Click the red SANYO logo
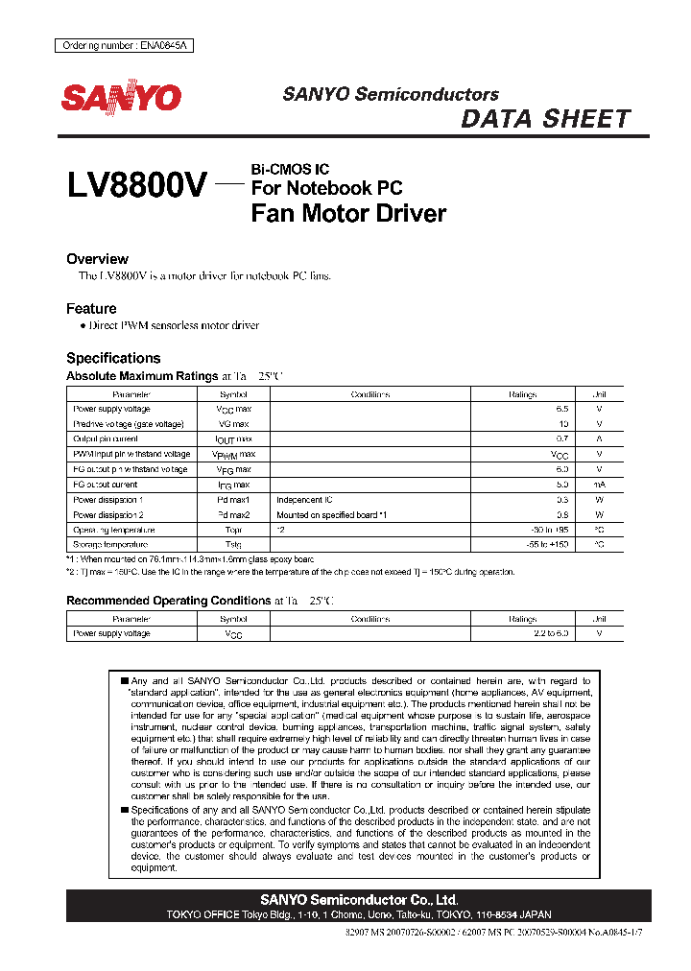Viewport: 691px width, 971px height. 121,98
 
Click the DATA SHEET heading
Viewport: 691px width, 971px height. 545,119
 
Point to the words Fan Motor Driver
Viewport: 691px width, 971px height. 348,213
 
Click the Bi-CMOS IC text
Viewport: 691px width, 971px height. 290,169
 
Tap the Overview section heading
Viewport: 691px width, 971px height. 97,259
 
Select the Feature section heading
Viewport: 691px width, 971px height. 91,309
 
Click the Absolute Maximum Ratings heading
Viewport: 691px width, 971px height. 142,376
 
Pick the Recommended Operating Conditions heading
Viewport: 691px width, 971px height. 168,601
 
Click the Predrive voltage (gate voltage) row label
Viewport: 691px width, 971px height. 129,424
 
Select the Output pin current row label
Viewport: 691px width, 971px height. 106,439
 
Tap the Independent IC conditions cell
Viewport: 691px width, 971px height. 304,500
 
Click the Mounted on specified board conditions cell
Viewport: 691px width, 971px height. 331,514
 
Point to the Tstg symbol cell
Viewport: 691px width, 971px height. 233,545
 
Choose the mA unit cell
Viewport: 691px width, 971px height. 599,485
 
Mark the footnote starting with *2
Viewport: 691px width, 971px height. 290,572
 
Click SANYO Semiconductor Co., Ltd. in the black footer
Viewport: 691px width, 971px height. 359,900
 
